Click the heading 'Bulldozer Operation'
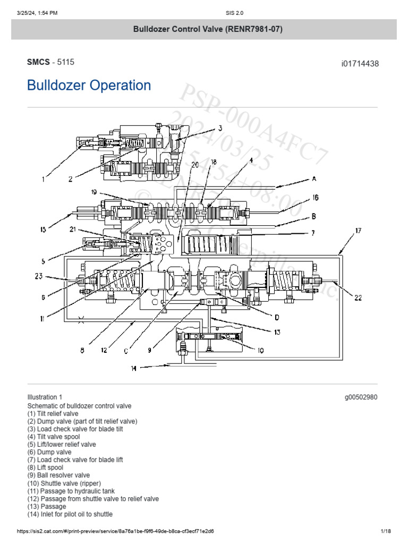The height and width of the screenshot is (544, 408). click(89, 86)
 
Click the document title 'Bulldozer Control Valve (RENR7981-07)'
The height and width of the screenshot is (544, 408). click(204, 29)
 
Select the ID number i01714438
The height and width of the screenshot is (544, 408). click(360, 64)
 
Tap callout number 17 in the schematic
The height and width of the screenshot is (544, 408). click(359, 231)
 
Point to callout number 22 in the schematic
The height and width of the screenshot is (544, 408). click(358, 298)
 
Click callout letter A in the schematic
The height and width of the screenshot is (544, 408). click(314, 179)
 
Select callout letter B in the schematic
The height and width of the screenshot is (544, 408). click(314, 216)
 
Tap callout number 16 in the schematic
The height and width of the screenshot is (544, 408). click(315, 198)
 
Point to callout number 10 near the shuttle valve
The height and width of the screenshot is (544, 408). click(261, 350)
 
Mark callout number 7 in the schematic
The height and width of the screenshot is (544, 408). click(314, 233)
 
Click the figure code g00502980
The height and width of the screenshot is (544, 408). click(361, 397)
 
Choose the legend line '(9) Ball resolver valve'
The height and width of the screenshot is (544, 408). click(58, 475)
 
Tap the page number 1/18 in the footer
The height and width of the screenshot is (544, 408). click(386, 531)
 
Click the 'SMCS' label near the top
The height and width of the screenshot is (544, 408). click(38, 62)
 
